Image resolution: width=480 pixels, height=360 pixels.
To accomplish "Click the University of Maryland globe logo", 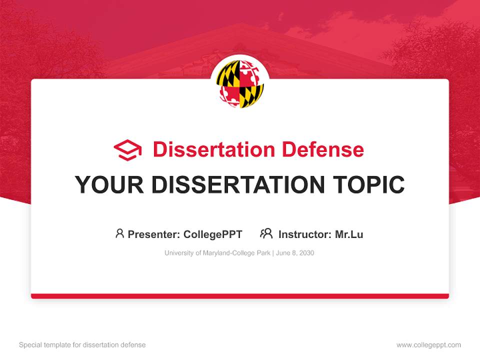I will tap(240, 84).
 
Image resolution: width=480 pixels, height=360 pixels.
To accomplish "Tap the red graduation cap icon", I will tap(127, 150).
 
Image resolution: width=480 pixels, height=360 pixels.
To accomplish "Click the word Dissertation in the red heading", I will tap(214, 149).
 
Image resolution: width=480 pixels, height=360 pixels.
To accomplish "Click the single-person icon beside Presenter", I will tap(119, 233).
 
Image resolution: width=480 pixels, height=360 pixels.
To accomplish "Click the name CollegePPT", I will tap(213, 234).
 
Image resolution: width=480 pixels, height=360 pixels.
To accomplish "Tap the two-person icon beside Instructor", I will tap(266, 233).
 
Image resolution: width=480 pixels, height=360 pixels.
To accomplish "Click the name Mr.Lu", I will tap(349, 234).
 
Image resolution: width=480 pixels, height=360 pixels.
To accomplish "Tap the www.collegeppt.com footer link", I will tap(428, 345).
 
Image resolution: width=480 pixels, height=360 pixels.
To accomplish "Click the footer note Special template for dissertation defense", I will tap(82, 345).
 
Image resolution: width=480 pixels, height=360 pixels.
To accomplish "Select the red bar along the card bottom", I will tap(240, 296).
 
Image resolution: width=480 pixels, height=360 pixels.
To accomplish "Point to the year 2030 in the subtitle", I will tap(306, 253).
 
